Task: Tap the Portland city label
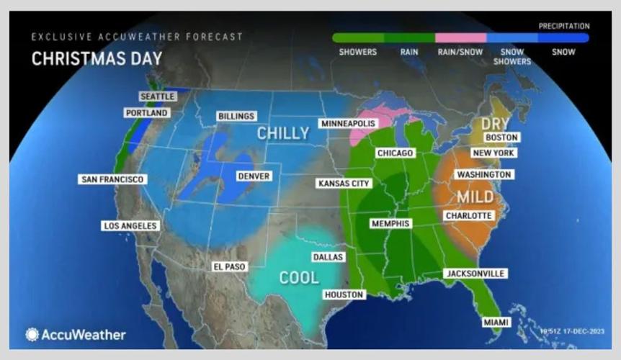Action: coord(146,113)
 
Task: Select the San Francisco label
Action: coord(112,179)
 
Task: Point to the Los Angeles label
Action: coord(130,225)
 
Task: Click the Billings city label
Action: coord(236,117)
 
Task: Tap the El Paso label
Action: coord(230,266)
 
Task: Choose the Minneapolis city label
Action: coord(348,124)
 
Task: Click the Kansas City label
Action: coord(343,184)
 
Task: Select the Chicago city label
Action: coord(395,153)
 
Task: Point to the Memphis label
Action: coord(390,223)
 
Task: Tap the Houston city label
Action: coord(344,294)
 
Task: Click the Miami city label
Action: coord(495,322)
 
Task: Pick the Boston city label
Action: coord(501,138)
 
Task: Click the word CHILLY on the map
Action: coord(283,133)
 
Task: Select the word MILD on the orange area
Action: coord(475,197)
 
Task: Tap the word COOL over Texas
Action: coord(299,278)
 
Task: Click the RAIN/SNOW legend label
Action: coord(460,52)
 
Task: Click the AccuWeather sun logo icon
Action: coord(32,335)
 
